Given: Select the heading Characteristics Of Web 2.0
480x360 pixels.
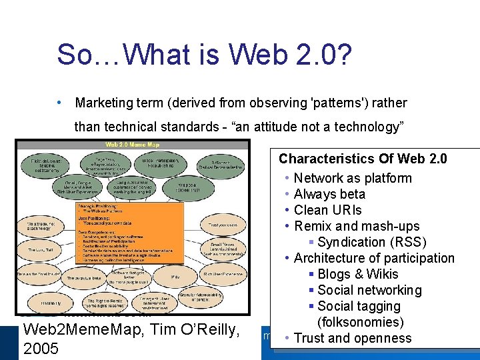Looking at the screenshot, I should tap(363, 159).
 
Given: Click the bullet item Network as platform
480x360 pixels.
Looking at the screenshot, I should tap(353, 178).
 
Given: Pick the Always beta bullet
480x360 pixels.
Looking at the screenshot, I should tap(329, 194).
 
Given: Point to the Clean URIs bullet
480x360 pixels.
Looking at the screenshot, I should tap(327, 210).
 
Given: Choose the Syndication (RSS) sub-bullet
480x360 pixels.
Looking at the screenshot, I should tap(372, 242).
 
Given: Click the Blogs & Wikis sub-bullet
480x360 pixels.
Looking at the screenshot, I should tap(358, 274).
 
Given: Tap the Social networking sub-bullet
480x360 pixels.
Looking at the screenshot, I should tap(369, 290).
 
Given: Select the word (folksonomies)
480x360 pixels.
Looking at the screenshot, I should tap(361, 322).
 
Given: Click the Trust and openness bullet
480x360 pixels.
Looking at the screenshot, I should tap(353, 338).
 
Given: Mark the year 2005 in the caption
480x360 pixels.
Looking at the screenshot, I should tap(41, 348).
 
